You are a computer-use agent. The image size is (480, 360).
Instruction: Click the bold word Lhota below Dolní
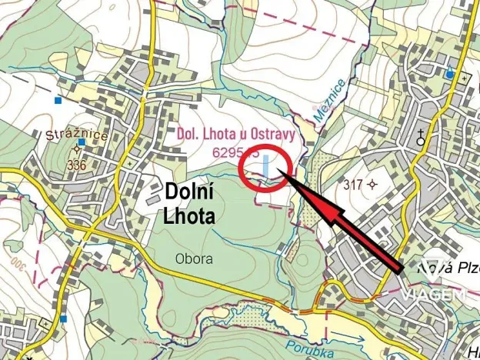(x=189, y=215)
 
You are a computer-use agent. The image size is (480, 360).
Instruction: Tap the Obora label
(x=193, y=259)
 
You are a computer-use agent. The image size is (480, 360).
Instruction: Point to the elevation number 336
(x=76, y=165)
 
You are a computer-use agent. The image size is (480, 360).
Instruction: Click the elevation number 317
(x=353, y=184)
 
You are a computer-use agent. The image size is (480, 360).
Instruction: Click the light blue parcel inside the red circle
(x=266, y=167)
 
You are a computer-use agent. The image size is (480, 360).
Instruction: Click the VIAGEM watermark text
(x=432, y=295)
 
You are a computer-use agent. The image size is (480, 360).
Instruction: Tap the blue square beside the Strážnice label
(x=81, y=142)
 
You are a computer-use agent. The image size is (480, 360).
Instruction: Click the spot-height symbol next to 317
(x=373, y=184)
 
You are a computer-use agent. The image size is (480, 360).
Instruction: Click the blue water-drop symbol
(x=449, y=74)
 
